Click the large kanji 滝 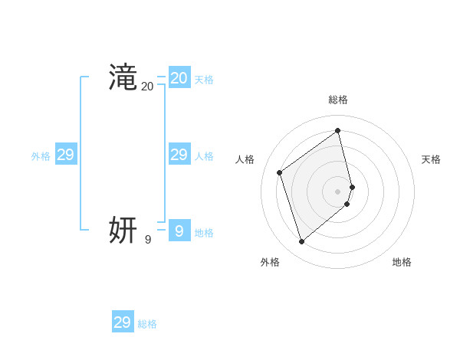coord(123,77)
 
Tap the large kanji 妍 coord(123,229)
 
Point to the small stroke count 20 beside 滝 coord(147,87)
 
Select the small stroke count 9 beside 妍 coord(148,240)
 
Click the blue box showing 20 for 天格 coord(179,77)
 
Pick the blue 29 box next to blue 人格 coord(179,155)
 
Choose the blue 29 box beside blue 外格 coord(66,155)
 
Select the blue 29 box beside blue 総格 coord(123,322)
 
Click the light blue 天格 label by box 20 coord(204,80)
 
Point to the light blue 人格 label coord(204,156)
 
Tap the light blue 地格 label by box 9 coord(204,233)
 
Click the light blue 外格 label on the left coord(41,156)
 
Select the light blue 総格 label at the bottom coord(147,325)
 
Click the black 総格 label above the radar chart coord(338,100)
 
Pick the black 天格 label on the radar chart coord(432,159)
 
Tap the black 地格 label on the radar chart coord(402,262)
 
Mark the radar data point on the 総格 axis coord(338,131)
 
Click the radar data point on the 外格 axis coord(301,242)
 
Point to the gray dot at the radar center coord(338,191)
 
